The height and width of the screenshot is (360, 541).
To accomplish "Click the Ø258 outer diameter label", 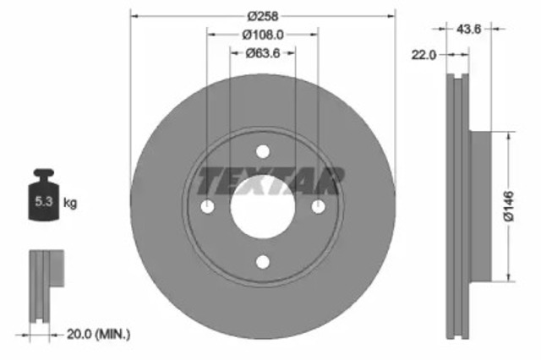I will click(x=263, y=16).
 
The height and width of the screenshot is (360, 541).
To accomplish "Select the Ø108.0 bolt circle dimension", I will click(x=263, y=35).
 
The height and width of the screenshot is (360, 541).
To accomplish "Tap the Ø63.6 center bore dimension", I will click(x=263, y=53).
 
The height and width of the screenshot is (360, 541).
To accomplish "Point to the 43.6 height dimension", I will click(x=469, y=29).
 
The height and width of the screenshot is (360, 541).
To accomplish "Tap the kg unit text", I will click(x=71, y=204).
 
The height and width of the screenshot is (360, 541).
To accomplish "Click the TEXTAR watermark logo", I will click(x=270, y=181).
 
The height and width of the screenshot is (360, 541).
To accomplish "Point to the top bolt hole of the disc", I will click(x=263, y=153).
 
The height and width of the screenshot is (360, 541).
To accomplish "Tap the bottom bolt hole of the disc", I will click(x=263, y=263).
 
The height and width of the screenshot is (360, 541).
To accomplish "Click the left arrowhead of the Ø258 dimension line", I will click(x=134, y=16).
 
